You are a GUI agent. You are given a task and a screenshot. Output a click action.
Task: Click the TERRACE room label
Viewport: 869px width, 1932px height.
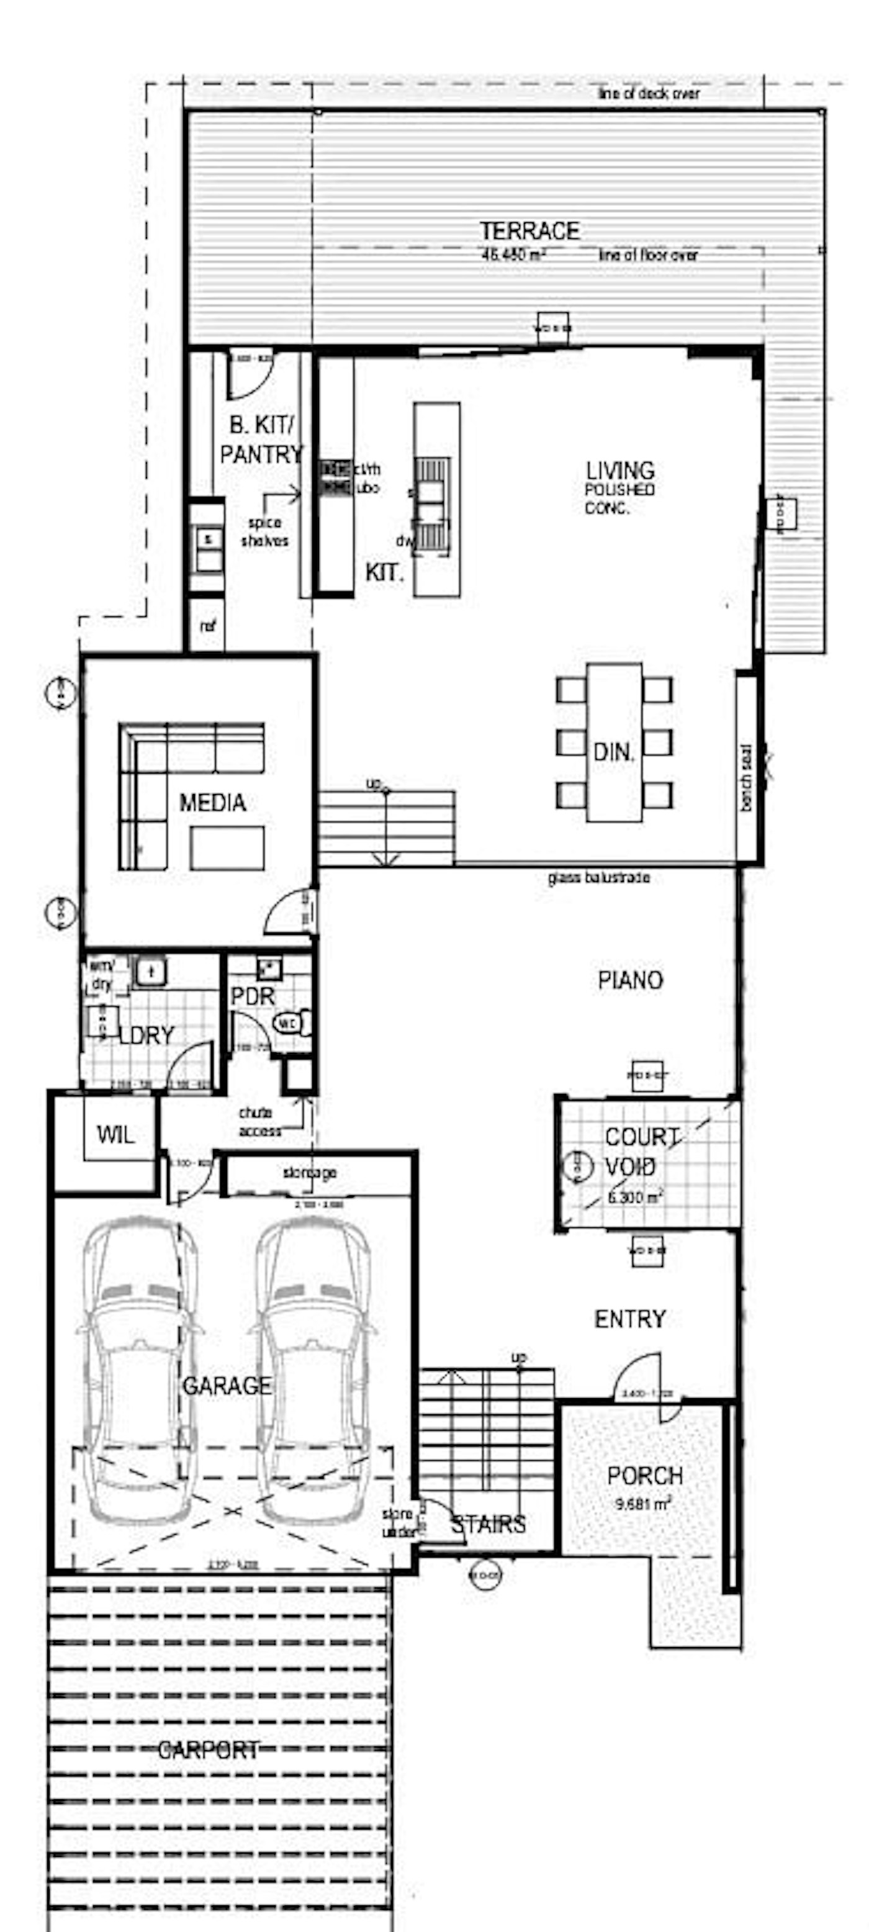(x=529, y=230)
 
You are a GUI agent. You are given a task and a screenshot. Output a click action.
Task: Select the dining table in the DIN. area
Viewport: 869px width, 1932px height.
(x=614, y=743)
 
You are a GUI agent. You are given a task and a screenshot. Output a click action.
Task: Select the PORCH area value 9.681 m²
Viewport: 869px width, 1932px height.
(x=642, y=1503)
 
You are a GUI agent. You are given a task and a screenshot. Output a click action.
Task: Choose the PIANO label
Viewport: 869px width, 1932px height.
(x=630, y=980)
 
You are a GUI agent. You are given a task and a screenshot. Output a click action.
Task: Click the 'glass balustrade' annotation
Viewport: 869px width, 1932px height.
(x=598, y=877)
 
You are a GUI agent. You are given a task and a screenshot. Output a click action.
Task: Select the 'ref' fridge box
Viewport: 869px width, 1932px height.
(x=206, y=624)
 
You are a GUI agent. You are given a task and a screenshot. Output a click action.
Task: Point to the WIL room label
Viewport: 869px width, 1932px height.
(x=115, y=1134)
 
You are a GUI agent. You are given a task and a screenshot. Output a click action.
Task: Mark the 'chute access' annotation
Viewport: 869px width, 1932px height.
(x=259, y=1121)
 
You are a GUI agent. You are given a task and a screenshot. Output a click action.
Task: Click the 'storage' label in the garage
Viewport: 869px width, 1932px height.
(x=310, y=1172)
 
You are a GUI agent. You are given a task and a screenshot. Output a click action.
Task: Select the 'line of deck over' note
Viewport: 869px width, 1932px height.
(x=649, y=94)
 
